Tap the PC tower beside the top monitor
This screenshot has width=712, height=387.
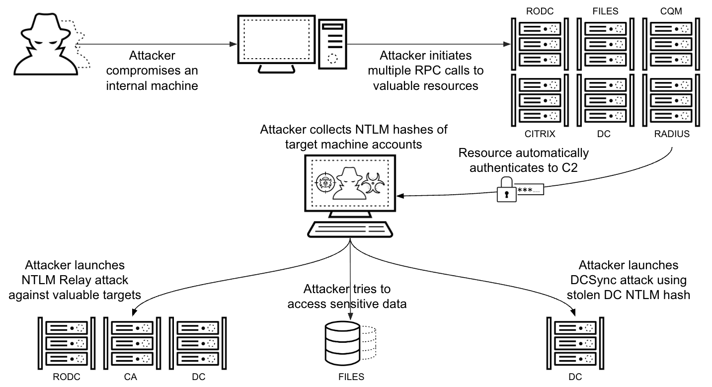(334, 44)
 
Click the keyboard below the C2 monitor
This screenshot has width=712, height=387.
(350, 229)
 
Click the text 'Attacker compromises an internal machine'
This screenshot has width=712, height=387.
(152, 70)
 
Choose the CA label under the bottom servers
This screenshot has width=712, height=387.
(130, 377)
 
